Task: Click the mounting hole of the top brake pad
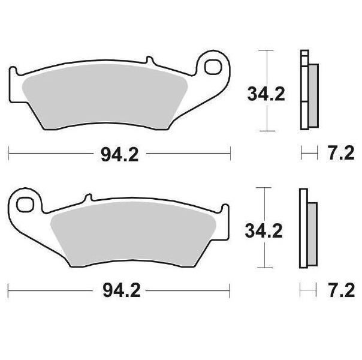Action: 213,67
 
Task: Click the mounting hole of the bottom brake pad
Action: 25,205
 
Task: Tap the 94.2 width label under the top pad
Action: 120,155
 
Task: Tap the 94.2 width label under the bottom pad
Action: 122,291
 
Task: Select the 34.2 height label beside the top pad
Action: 266,94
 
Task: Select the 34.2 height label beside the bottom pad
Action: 264,231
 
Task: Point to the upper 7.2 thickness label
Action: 342,153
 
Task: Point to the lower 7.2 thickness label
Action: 342,290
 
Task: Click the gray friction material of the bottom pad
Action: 133,234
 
